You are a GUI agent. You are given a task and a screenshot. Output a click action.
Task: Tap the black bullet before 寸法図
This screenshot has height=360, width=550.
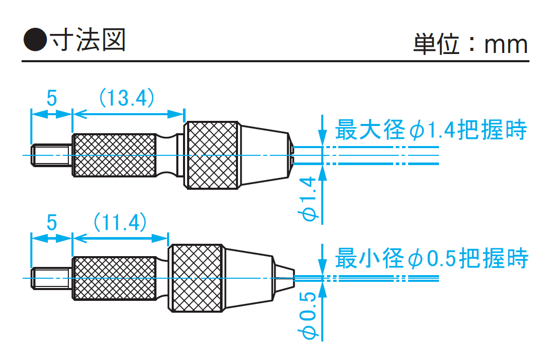[34, 40]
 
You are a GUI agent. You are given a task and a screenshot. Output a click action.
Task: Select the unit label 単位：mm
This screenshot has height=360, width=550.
[470, 44]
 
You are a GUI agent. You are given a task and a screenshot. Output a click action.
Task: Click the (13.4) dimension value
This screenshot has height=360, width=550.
[126, 97]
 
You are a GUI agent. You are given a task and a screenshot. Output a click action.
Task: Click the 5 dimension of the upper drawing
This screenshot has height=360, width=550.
[52, 98]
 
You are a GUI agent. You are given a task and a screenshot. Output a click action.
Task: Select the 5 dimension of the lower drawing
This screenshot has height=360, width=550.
[52, 223]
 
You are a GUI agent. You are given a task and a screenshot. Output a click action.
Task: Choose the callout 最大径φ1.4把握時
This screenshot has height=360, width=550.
[431, 131]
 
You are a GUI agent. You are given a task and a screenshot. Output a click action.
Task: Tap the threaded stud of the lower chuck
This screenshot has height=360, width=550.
[51, 278]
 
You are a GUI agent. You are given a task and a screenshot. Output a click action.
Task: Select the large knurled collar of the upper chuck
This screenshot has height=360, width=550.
[212, 155]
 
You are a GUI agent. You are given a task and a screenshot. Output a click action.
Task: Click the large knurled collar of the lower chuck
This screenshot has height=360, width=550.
[196, 278]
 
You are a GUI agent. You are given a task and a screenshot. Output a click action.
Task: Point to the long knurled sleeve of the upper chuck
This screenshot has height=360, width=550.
[114, 155]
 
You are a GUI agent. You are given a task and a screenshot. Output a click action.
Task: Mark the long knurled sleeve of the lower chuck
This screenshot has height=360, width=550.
[114, 278]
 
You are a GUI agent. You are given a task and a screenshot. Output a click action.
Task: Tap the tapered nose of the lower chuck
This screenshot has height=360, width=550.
[249, 278]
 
